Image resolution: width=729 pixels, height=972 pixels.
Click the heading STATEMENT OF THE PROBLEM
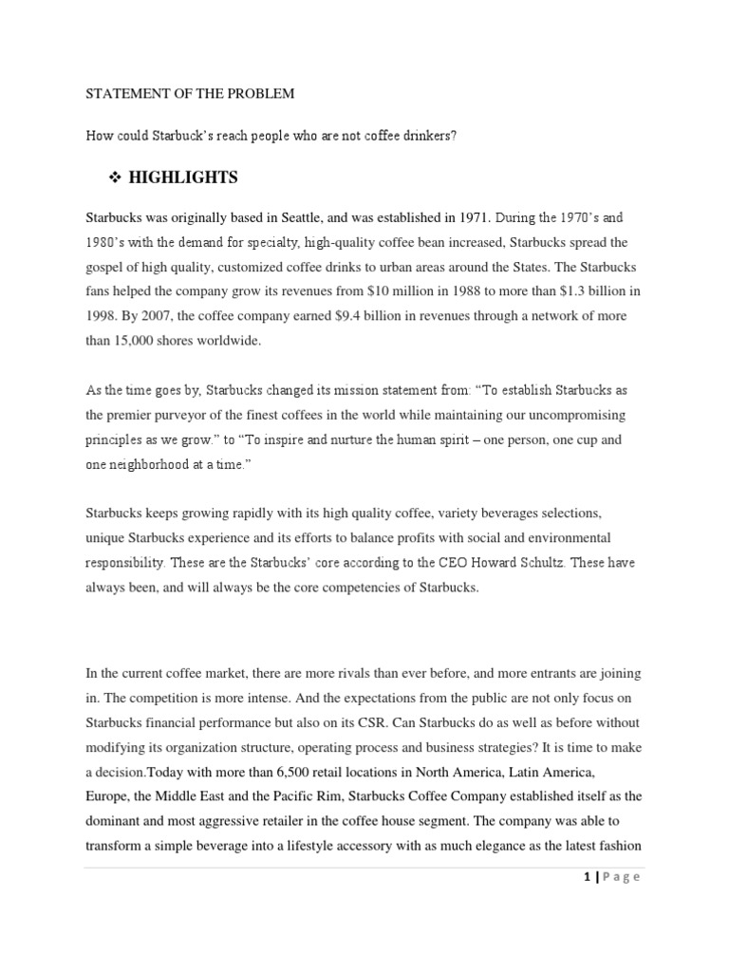190,94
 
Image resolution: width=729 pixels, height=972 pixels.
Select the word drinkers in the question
426,136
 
